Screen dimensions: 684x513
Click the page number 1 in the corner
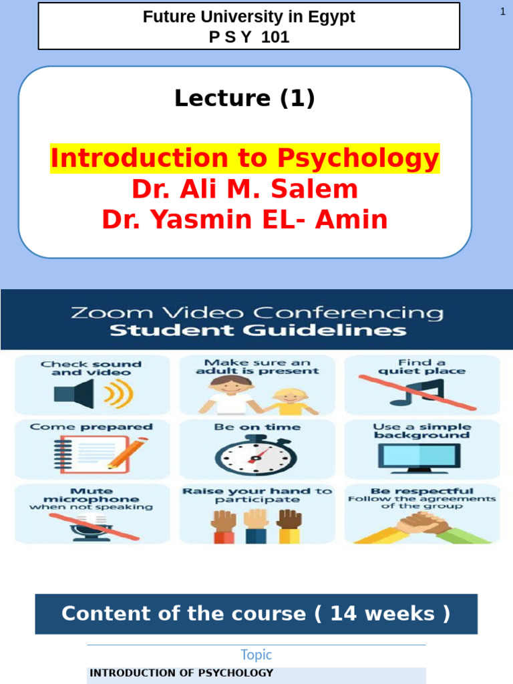point(502,12)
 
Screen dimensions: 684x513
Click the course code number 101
point(276,37)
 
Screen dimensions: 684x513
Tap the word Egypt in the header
point(331,17)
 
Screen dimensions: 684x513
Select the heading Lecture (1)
point(244,98)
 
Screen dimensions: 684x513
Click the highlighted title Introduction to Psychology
point(245,159)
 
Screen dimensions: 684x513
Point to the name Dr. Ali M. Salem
point(244,190)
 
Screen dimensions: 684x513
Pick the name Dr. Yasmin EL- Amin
point(244,219)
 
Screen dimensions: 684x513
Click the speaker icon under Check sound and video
point(92,395)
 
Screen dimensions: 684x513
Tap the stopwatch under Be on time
point(255,456)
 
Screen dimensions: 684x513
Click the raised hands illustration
point(256,525)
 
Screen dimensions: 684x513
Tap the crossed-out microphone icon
point(91,527)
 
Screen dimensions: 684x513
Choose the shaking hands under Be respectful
point(420,528)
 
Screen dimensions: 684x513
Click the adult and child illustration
point(256,395)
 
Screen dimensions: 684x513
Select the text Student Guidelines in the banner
point(257,331)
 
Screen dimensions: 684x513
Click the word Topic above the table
point(256,655)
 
